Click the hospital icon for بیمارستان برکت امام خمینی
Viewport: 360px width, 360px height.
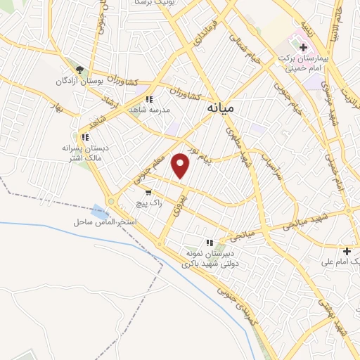[x=303, y=48]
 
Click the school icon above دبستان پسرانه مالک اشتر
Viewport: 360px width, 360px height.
[x=84, y=137]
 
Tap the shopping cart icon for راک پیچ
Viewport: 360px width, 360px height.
[x=148, y=192]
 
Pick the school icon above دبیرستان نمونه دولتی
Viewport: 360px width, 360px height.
[x=209, y=242]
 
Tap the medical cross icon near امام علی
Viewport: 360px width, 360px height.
[x=346, y=251]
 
